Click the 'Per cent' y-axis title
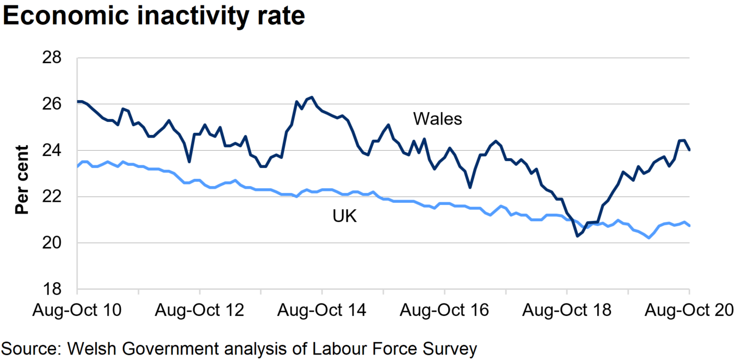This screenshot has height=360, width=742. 22,180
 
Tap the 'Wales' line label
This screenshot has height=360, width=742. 437,119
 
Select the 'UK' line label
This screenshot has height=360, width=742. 344,216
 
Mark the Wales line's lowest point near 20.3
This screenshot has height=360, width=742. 577,236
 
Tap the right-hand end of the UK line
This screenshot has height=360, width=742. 690,226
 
